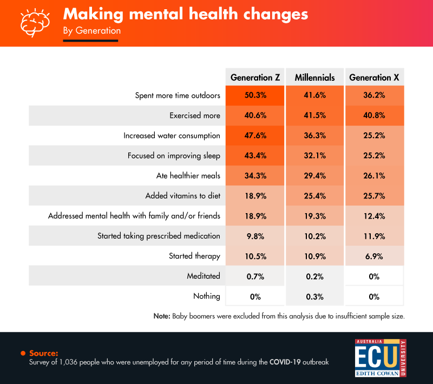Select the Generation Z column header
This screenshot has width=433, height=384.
255,78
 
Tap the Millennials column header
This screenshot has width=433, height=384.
314,78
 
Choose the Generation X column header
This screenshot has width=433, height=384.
374,78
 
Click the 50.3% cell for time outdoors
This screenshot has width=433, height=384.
255,95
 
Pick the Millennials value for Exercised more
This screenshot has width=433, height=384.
314,116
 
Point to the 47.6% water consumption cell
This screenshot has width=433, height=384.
255,136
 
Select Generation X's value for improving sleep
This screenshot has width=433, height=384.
374,156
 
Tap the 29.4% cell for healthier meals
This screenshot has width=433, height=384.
314,176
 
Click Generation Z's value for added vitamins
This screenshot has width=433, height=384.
255,196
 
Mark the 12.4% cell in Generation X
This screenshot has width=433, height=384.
374,216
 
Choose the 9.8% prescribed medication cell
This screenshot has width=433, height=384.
255,236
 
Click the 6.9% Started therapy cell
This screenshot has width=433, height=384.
374,256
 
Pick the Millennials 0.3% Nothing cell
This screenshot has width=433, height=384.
314,296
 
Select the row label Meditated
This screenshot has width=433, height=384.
204,276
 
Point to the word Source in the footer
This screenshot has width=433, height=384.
44,353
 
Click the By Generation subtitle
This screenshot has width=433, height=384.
91,31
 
